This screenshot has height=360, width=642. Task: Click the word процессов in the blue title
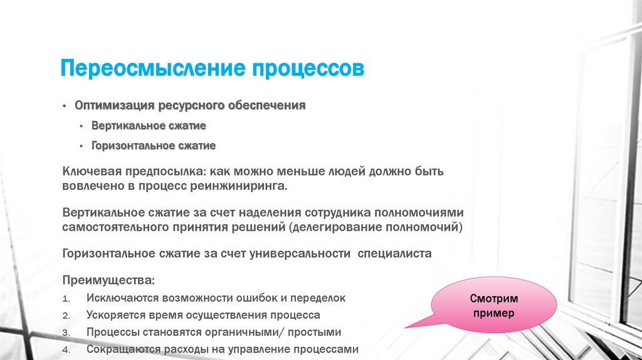[307, 68]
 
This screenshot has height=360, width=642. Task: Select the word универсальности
[306, 253]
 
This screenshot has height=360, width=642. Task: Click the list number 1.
[67, 299]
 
